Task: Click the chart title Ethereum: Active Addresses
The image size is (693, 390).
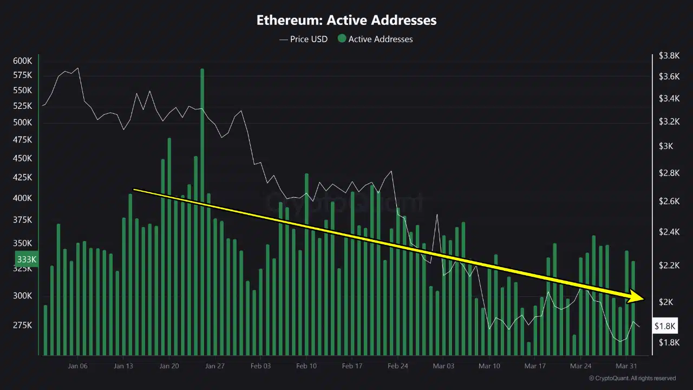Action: tap(346, 21)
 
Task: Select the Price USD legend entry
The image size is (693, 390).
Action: tap(304, 39)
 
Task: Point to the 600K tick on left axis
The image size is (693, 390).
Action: tap(22, 61)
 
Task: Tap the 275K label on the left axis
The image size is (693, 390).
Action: tap(22, 325)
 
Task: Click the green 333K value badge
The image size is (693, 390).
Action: tap(26, 259)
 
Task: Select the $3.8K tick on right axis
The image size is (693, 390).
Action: tap(669, 55)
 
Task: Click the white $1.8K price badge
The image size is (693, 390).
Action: tap(665, 326)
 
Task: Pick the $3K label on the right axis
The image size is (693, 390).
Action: tap(665, 146)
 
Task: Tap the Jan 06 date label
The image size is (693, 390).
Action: tap(77, 366)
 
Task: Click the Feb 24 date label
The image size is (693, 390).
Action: tap(397, 366)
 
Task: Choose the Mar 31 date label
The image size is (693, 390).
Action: tap(626, 366)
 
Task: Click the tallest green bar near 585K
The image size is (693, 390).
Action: tap(202, 162)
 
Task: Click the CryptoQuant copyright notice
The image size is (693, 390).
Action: tap(632, 378)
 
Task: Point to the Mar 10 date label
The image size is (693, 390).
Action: tap(489, 366)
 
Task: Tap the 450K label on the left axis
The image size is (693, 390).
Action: tap(22, 159)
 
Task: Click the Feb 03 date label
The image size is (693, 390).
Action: tap(260, 366)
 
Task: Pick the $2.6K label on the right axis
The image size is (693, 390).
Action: tap(669, 201)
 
